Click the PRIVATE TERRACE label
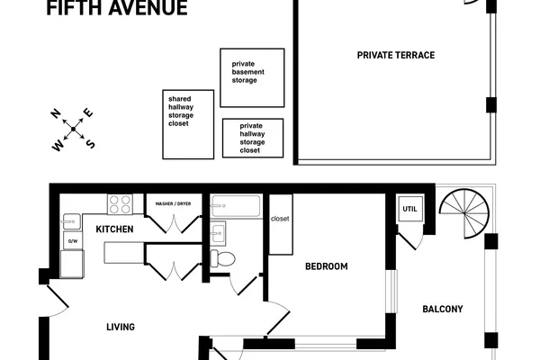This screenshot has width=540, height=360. tap(396, 55)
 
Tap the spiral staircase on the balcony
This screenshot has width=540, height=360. tap(464, 213)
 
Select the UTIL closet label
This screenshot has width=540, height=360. tap(409, 209)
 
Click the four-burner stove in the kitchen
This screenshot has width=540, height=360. tap(120, 204)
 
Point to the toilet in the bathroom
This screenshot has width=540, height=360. tap(222, 258)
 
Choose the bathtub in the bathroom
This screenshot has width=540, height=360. tap(236, 206)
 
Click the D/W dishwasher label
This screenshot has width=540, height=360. tap(73, 241)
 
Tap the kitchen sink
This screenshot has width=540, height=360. tap(72, 222)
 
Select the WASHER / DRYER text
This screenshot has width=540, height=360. tap(173, 203)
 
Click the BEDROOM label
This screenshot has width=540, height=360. tap(327, 266)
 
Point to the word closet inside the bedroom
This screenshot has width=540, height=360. tap(280, 219)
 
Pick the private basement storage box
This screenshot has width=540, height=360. tap(252, 78)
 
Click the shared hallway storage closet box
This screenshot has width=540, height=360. tap(188, 124)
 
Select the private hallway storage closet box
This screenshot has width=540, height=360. tap(253, 138)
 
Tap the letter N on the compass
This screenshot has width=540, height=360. tap(56, 113)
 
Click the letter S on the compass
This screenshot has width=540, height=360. tap(90, 144)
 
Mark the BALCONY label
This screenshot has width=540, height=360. tap(443, 309)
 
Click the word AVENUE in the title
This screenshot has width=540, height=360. tap(148, 7)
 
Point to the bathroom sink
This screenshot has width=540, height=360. tap(218, 234)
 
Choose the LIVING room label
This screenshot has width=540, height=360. tap(121, 327)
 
